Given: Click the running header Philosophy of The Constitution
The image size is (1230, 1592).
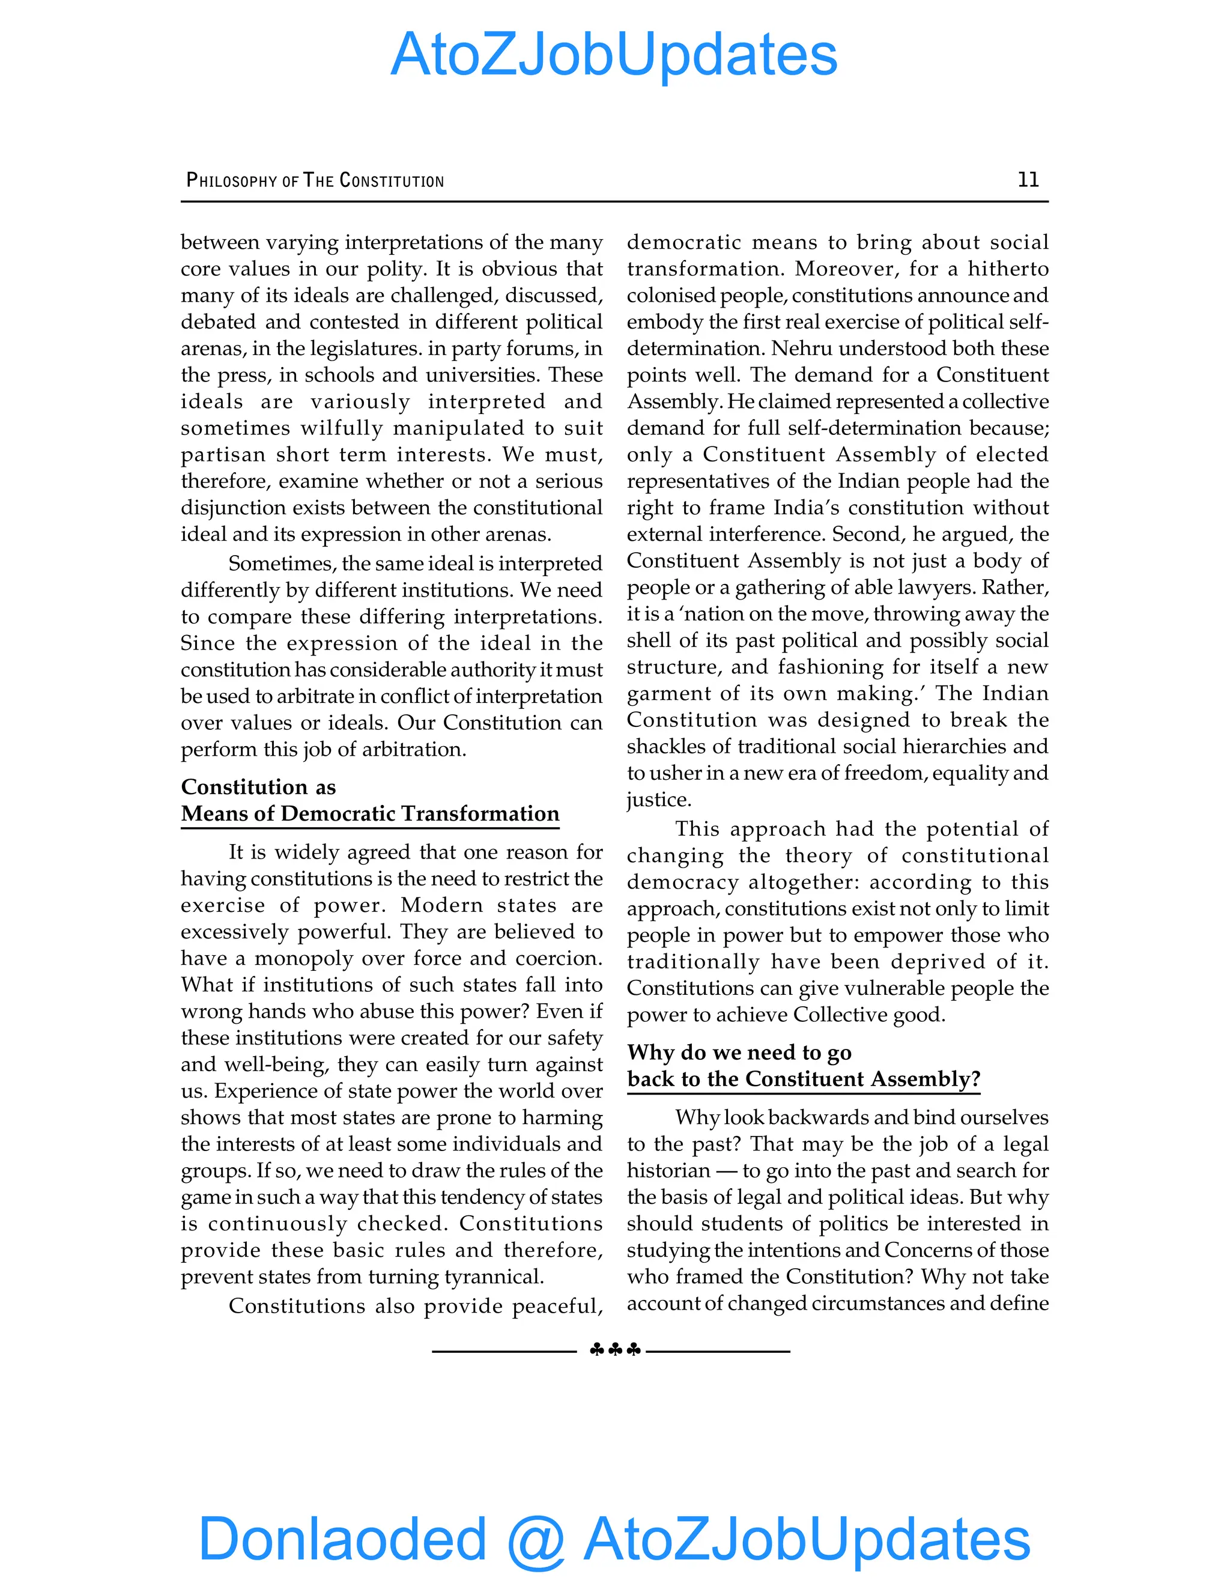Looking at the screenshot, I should coord(315,180).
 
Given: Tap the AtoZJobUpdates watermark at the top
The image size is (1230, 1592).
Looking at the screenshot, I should coord(614,55).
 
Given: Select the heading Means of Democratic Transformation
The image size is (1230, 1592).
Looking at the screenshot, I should coord(369,813).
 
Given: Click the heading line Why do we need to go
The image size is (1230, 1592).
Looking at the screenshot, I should coord(739,1052).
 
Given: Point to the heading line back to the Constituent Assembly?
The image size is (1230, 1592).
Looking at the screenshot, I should coord(804,1079).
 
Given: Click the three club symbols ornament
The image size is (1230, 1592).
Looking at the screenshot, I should coord(615,1350).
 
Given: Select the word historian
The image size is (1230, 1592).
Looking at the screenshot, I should coord(668,1171).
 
